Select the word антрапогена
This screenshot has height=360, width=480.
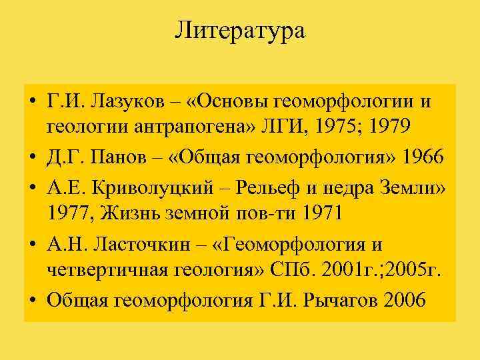[x=163, y=126]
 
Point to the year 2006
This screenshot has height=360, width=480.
[x=405, y=300]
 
